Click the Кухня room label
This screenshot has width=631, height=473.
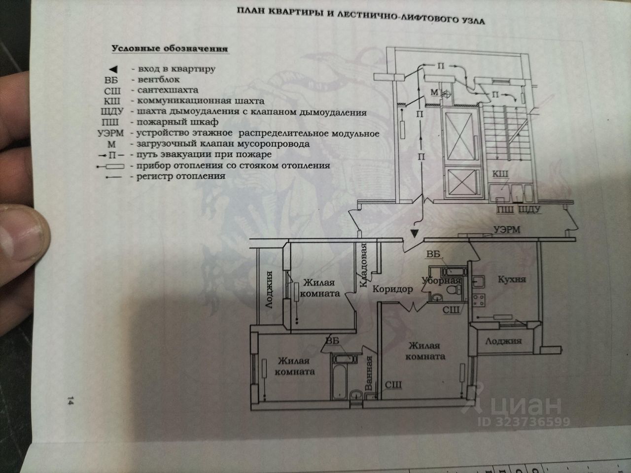(512, 279)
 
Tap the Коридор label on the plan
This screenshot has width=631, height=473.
(393, 289)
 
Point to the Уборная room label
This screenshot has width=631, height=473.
(441, 281)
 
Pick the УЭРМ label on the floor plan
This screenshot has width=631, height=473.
(507, 229)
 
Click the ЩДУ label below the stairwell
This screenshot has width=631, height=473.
(530, 209)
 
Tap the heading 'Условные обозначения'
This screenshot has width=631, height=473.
(170, 49)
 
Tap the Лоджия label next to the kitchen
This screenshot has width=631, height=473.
(503, 341)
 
